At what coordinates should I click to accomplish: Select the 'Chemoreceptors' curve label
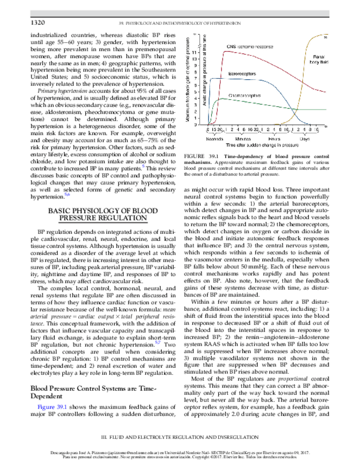[242, 95]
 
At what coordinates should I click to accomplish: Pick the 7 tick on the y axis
[203, 78]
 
